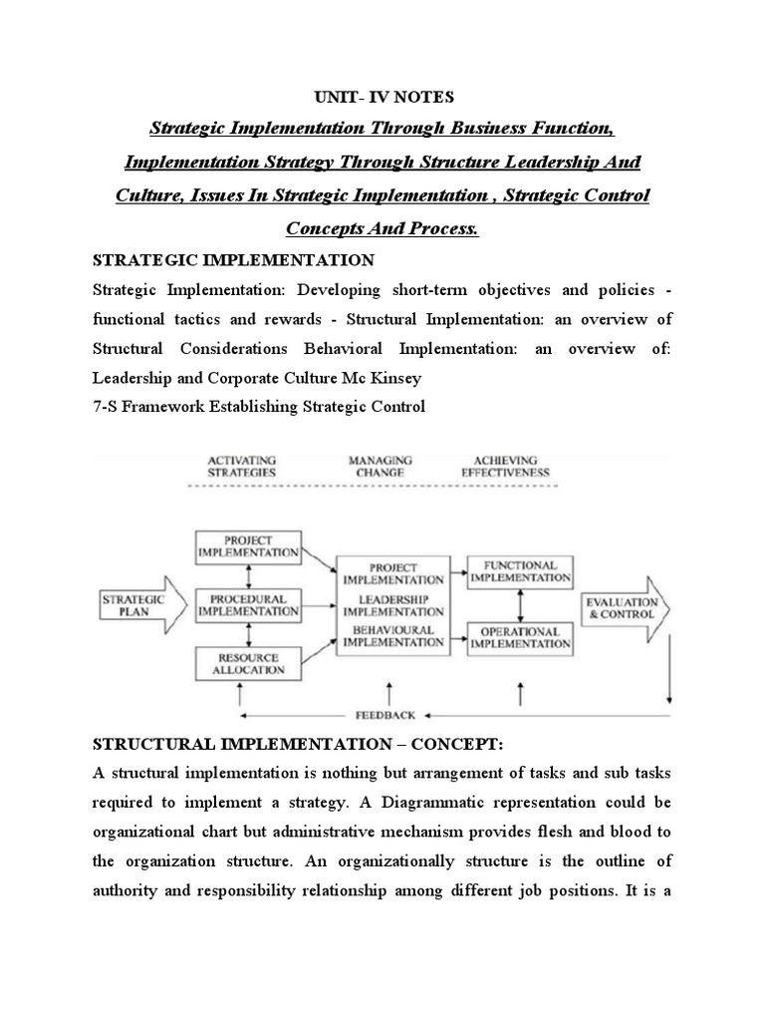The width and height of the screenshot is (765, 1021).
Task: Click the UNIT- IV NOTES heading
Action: click(382, 97)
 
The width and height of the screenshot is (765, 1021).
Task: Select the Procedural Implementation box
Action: click(248, 606)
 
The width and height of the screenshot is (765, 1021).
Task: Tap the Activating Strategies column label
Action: click(242, 466)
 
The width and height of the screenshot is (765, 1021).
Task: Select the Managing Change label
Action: click(380, 466)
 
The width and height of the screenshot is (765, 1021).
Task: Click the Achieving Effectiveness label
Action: click(504, 466)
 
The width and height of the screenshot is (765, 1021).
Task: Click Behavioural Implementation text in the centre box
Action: click(392, 636)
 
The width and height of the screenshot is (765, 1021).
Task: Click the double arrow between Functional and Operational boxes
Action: click(519, 605)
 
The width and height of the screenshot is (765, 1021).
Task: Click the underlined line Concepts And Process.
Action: click(382, 228)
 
